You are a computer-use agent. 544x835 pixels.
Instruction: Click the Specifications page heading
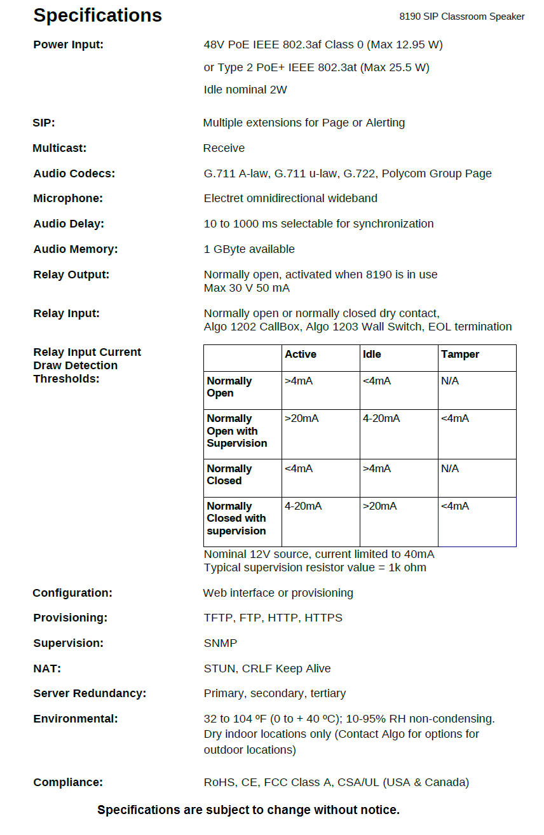coord(97,15)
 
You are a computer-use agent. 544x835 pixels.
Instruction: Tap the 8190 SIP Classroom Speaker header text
coord(461,17)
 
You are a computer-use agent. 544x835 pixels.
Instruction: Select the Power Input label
coord(68,44)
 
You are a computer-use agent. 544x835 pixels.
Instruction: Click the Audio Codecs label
coord(74,173)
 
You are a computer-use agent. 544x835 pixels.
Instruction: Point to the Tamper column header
coord(459,355)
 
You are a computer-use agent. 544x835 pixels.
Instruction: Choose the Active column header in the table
coord(300,355)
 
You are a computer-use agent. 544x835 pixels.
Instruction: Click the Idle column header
coord(372,355)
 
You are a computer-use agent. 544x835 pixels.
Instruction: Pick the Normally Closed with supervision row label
coord(236,519)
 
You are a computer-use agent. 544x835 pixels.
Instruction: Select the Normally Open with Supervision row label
coord(236,431)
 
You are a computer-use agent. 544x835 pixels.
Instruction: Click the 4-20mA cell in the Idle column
coord(381,419)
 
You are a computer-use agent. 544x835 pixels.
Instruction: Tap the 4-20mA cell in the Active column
coord(303,506)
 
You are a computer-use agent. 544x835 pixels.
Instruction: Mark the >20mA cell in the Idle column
coord(379,506)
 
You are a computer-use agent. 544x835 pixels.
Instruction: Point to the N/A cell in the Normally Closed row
coord(449,469)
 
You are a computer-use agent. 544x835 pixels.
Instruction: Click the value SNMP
coord(220,643)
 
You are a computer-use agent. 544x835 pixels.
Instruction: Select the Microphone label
coord(67,198)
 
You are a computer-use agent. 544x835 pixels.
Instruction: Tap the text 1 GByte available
coord(249,249)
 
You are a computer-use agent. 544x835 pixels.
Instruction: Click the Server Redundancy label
coord(90,693)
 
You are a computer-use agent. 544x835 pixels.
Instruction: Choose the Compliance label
coord(68,782)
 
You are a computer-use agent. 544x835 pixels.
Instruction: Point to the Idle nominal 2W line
coord(245,90)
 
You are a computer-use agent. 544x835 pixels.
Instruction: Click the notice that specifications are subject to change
coord(248,810)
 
